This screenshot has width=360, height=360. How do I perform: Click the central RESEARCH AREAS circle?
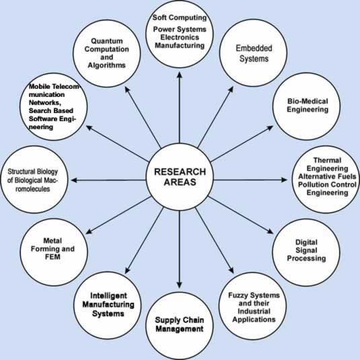coord(180,177)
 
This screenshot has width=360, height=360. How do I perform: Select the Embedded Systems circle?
coord(254,53)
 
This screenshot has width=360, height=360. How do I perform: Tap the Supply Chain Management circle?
coord(180,326)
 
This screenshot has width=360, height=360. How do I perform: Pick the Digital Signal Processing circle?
coord(306,252)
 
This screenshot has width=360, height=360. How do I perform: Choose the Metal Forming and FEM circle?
coord(54,252)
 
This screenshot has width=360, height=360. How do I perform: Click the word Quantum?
coord(107,41)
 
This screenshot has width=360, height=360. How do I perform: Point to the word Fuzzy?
coord(238,295)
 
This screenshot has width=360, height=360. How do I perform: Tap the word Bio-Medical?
coord(308,101)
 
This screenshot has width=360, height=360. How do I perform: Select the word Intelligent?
coord(108,295)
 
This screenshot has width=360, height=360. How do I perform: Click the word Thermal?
coord(327,160)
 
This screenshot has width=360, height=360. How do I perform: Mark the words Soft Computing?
coord(180,17)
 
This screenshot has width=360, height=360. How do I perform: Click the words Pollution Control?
coord(327,184)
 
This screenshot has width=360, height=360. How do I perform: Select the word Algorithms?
coord(107,65)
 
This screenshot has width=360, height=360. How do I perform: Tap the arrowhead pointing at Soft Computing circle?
coord(180,75)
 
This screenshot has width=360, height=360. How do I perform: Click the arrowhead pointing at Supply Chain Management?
coord(180,285)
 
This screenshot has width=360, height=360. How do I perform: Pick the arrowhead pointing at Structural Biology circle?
coord(74,180)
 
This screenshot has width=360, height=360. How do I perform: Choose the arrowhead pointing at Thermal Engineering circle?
coord(284,180)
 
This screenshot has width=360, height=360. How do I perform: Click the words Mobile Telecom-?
coord(55,87)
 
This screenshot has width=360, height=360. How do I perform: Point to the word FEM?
coord(52,257)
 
